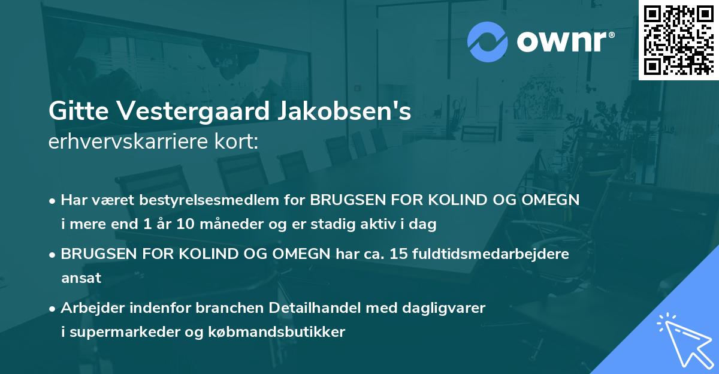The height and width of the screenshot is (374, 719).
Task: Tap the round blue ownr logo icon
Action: click(x=487, y=42)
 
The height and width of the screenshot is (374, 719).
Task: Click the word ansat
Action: click(x=81, y=278)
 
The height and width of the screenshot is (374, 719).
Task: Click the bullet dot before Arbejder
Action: click(x=53, y=308)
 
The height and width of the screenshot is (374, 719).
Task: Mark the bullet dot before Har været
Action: click(x=53, y=200)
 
